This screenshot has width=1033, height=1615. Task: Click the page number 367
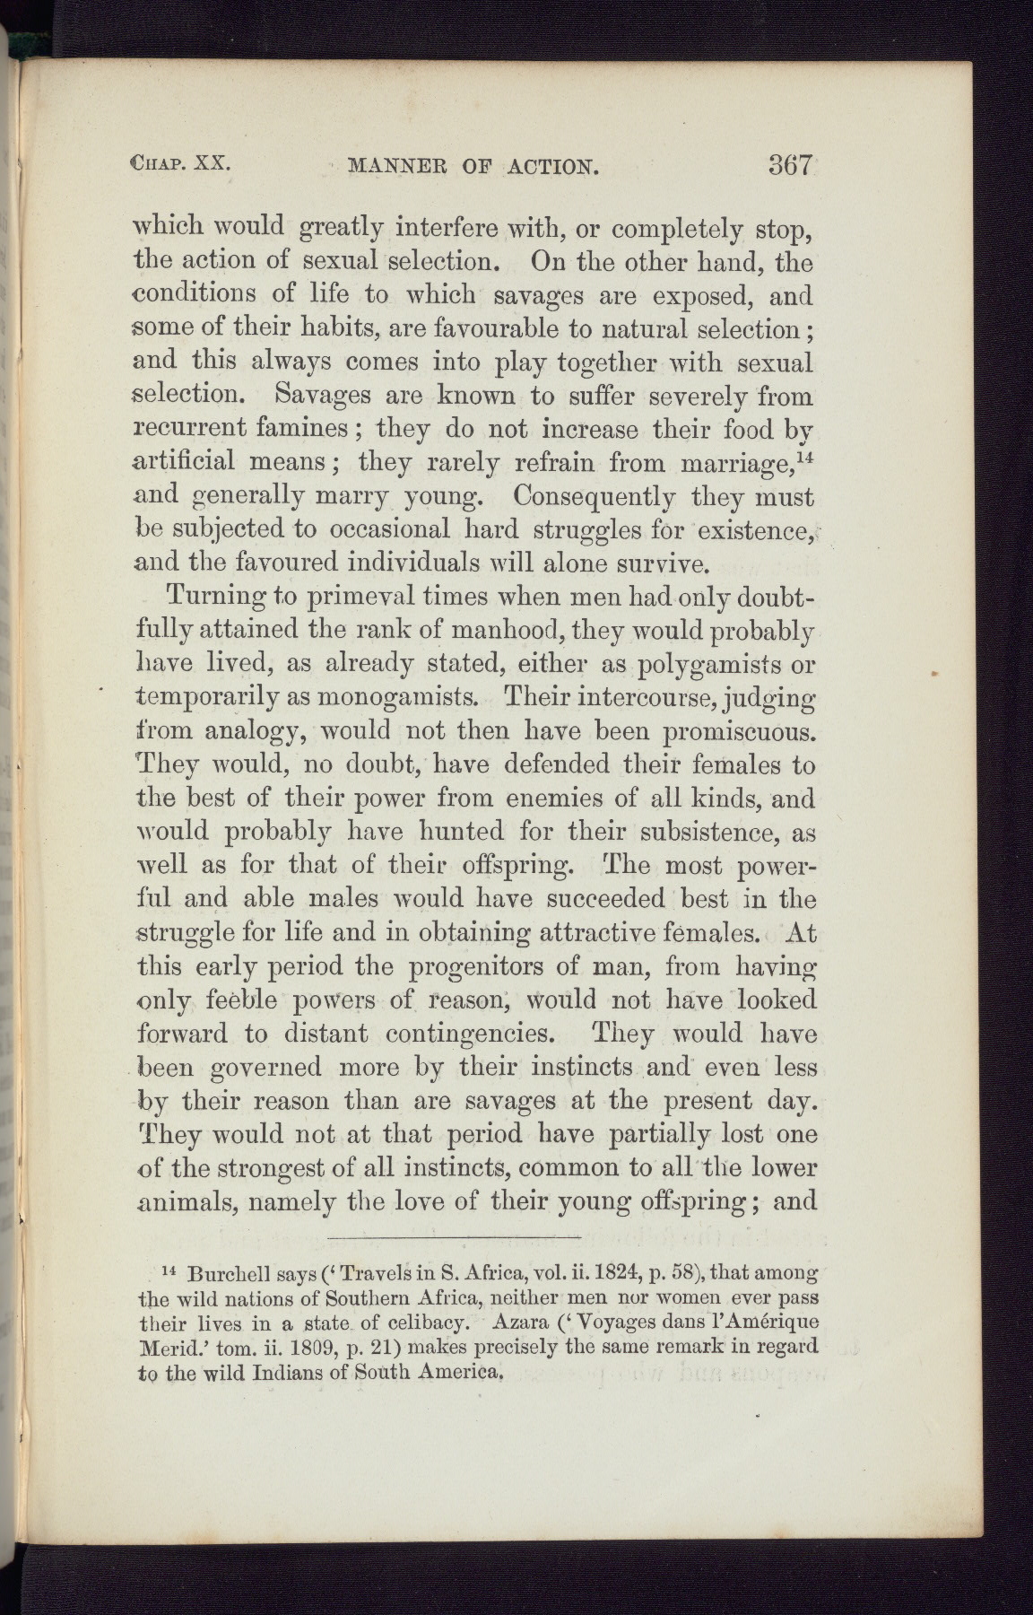coord(789,165)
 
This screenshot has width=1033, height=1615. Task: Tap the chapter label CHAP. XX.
coord(182,165)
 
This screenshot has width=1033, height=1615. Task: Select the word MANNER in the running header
coord(392,166)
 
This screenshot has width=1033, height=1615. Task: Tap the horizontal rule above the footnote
coord(455,1239)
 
